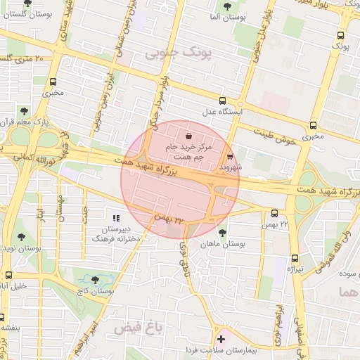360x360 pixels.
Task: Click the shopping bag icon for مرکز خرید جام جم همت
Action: coord(188,135)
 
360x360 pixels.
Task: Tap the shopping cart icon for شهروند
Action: coord(231,157)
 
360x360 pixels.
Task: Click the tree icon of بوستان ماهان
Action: coord(223,233)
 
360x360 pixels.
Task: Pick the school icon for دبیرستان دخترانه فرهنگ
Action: coord(116,219)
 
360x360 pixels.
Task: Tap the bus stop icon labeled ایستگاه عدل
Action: coord(223,101)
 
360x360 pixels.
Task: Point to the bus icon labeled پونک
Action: coord(341,35)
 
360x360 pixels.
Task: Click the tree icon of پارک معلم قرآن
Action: coord(25,110)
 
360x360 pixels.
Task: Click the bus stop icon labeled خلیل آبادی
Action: coord(8,276)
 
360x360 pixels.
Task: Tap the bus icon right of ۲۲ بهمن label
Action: coord(274,212)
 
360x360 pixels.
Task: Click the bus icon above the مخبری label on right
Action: coord(312,125)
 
